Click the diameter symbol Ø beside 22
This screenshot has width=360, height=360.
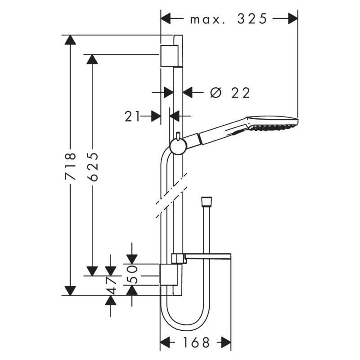click(216, 92)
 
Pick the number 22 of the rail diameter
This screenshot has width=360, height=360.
click(241, 92)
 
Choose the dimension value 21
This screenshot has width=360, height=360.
click(132, 117)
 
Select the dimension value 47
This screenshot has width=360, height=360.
click(111, 285)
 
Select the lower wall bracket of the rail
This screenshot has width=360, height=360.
click(169, 274)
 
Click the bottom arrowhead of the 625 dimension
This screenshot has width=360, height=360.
click(92, 270)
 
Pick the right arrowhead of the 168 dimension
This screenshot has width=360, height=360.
click(225, 342)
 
